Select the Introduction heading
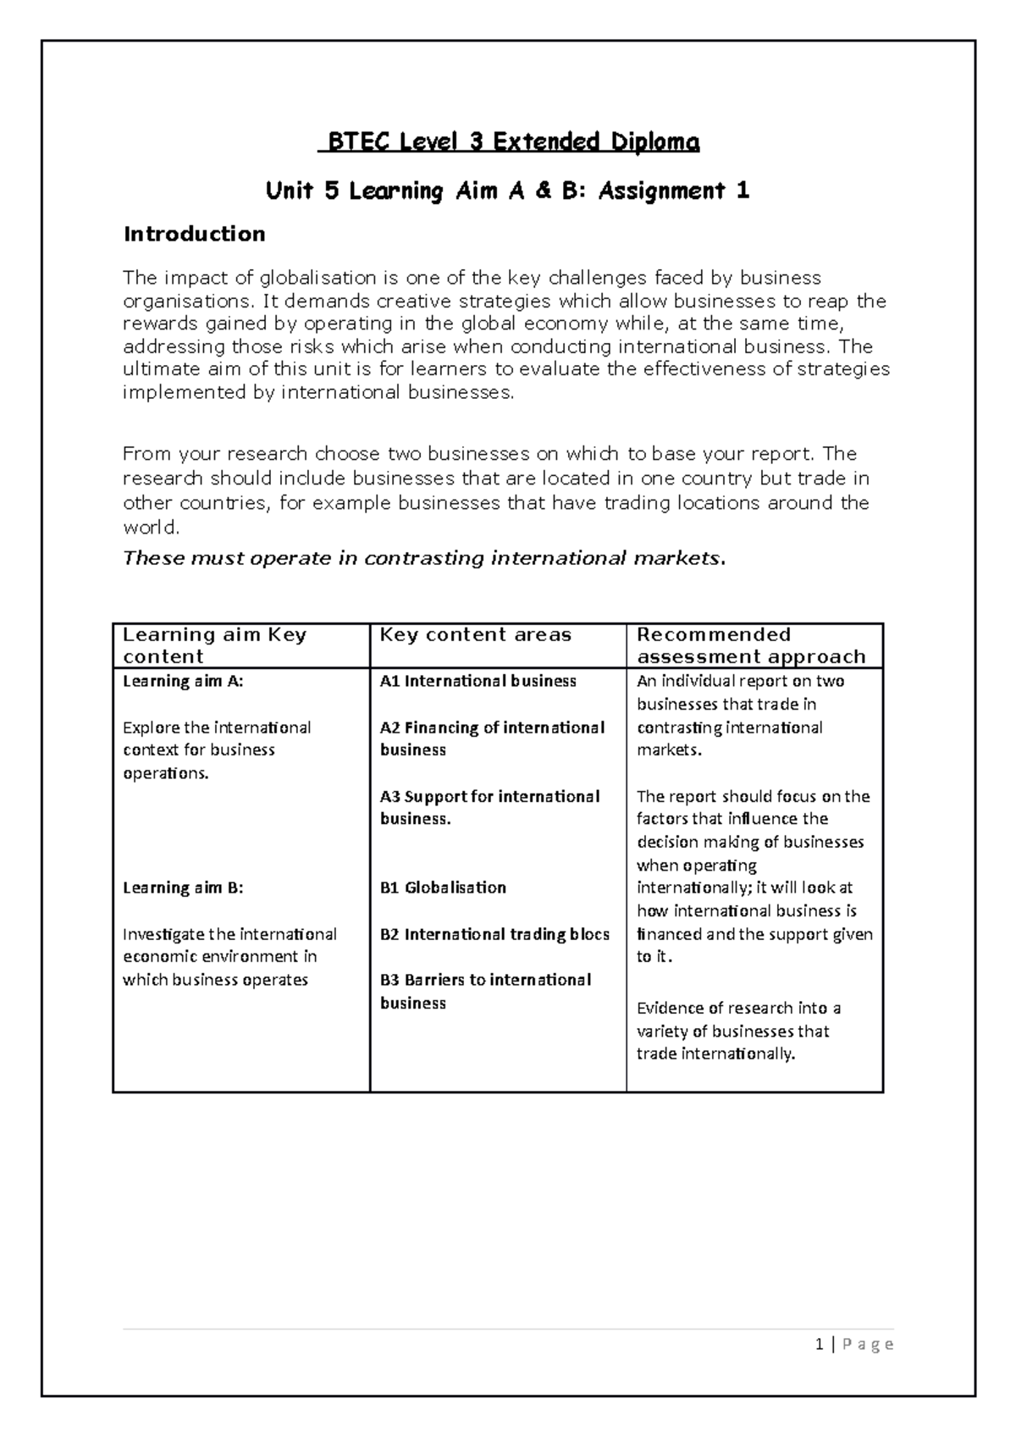[x=194, y=234]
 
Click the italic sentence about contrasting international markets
[x=423, y=558]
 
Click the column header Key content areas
[x=475, y=635]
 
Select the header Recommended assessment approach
[x=750, y=646]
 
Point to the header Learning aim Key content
[x=214, y=646]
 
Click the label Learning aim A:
[x=183, y=681]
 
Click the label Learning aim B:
[x=183, y=888]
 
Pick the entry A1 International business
[x=478, y=681]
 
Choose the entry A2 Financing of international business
[x=491, y=738]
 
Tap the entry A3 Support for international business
[x=489, y=807]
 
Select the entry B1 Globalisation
[x=443, y=888]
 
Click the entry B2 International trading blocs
[x=494, y=934]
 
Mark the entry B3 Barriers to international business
[x=484, y=991]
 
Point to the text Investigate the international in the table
[x=229, y=934]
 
